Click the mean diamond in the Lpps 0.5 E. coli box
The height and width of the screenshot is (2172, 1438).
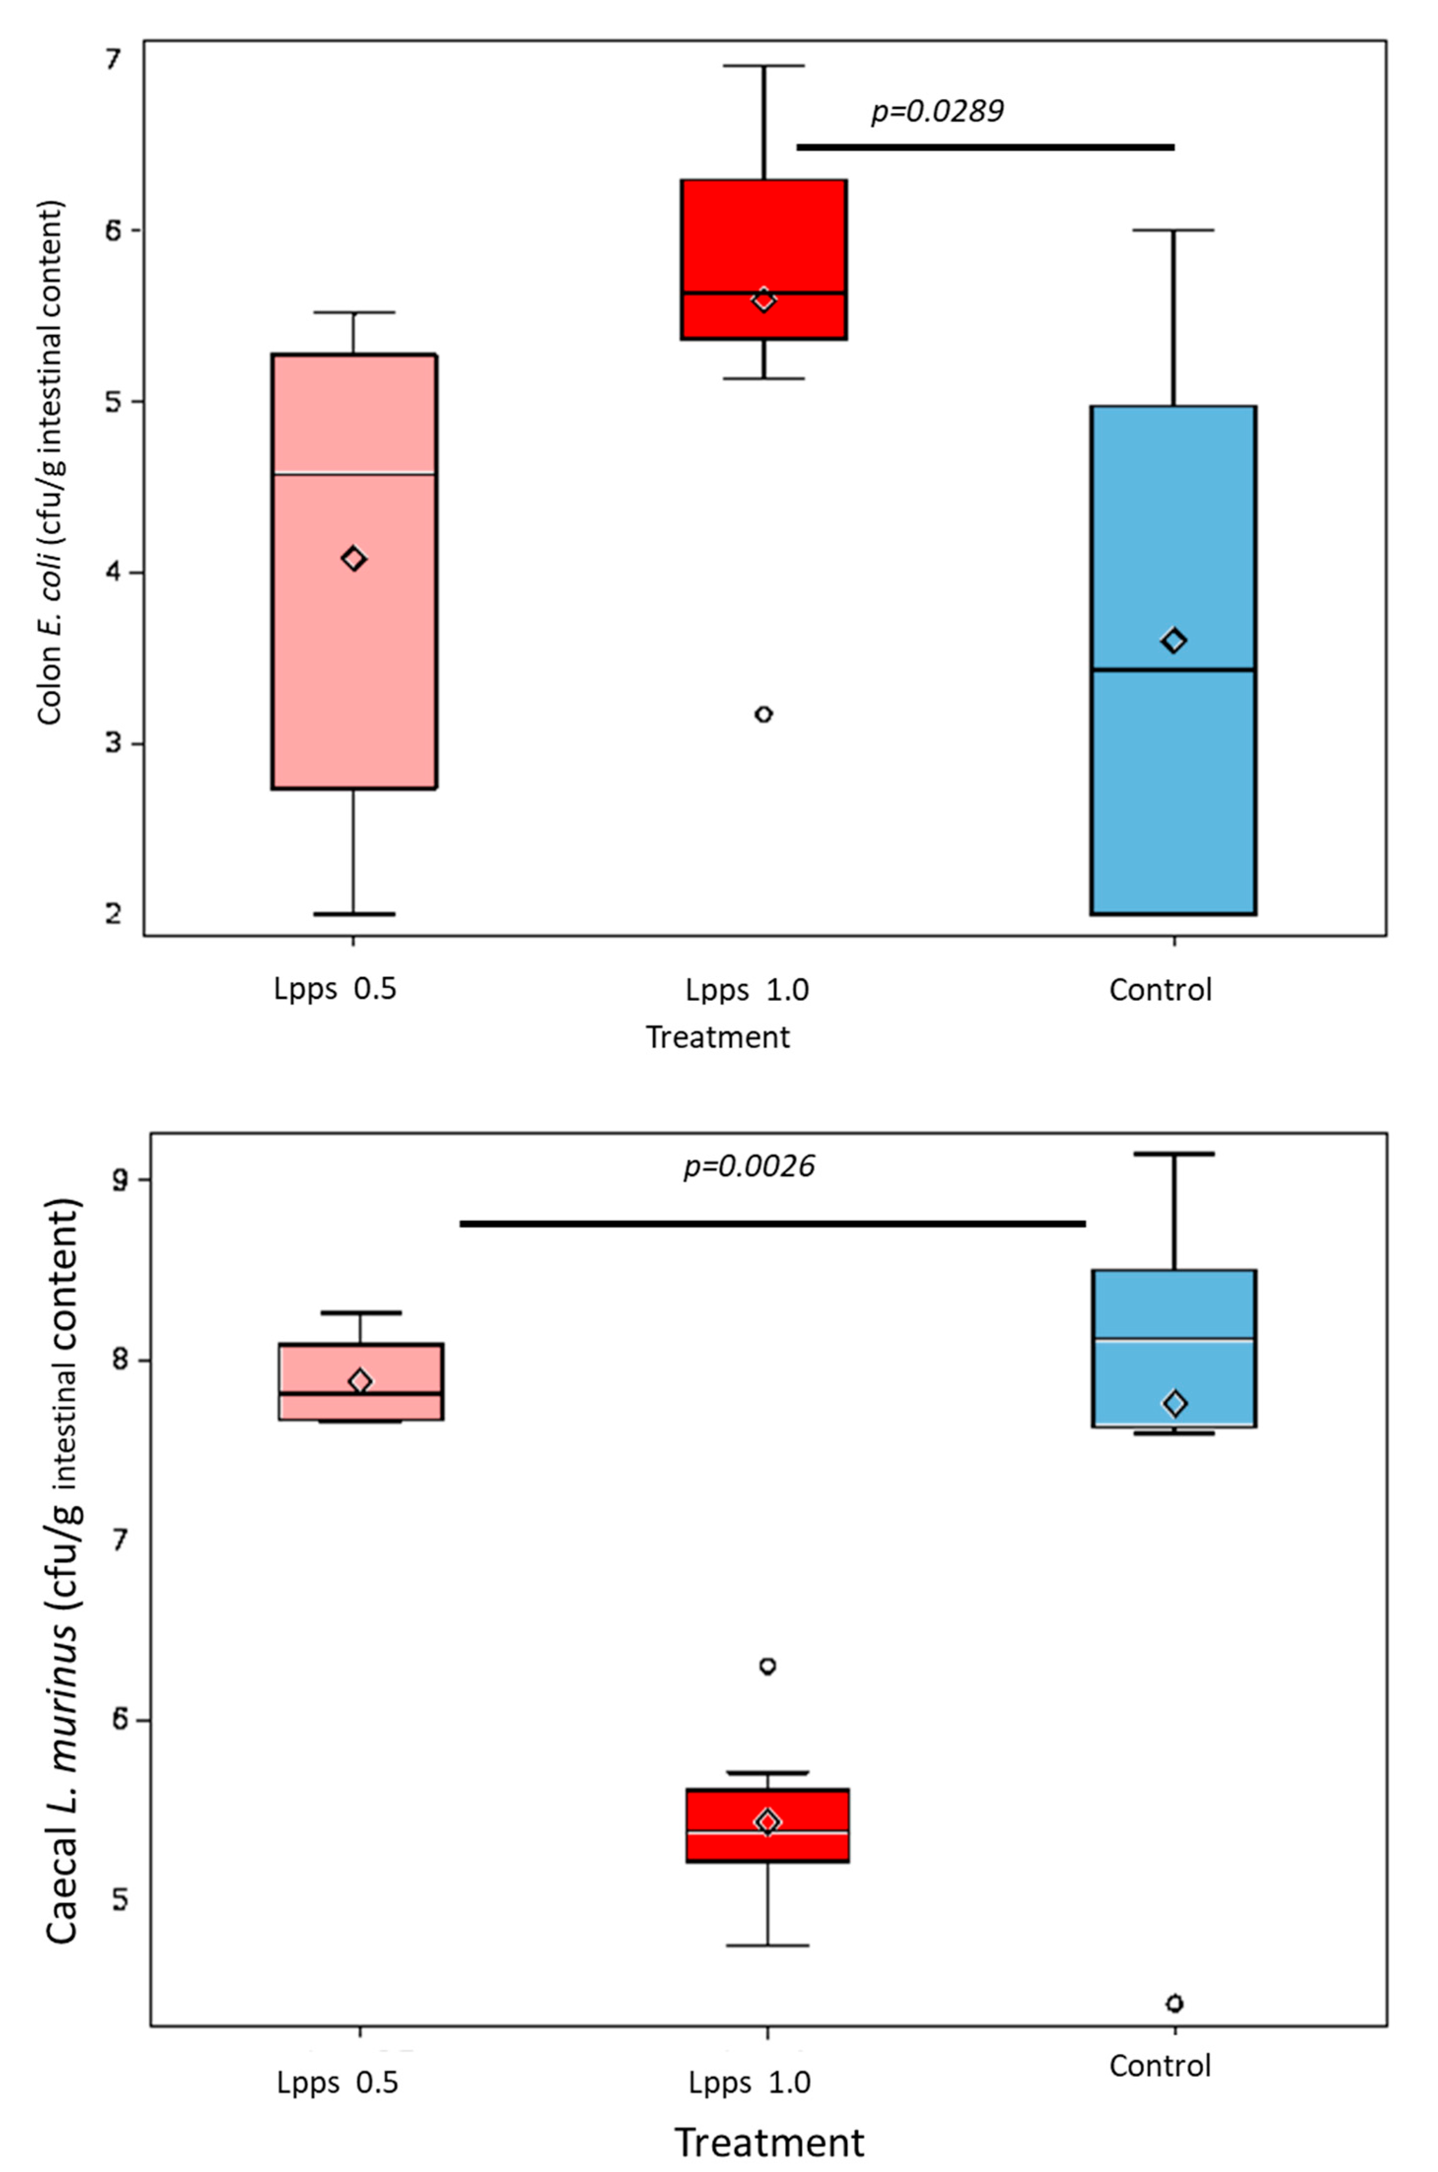tap(354, 559)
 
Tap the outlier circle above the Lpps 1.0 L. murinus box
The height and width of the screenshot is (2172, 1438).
tap(768, 1665)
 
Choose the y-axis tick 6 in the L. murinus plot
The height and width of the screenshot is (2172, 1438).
tap(119, 1720)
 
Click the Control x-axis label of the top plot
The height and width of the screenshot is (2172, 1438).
tap(1160, 990)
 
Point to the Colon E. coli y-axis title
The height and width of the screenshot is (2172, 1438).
tap(50, 463)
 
